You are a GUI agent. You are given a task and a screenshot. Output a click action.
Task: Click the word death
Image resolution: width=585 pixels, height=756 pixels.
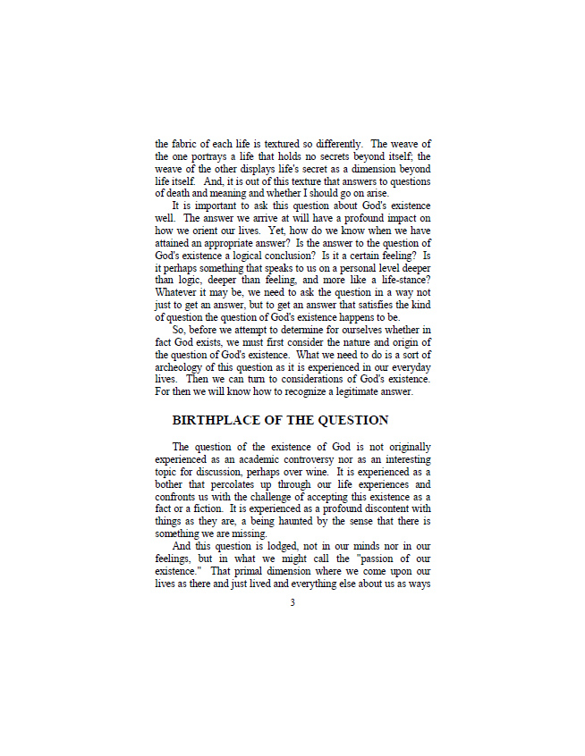point(178,192)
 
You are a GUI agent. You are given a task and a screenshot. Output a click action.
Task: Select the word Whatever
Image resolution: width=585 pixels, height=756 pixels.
point(178,291)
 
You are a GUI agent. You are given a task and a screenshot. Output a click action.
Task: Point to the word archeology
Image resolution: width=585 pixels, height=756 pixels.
point(182,366)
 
